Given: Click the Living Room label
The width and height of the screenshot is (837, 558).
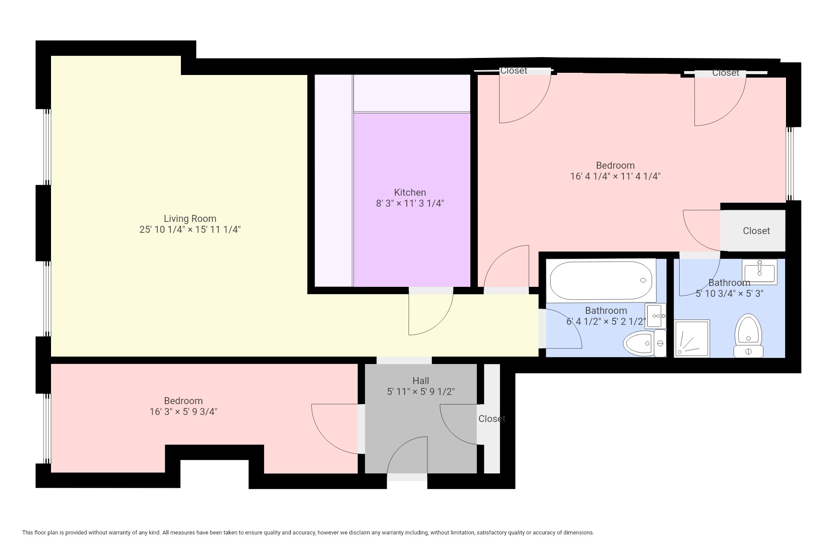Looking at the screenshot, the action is (190, 219).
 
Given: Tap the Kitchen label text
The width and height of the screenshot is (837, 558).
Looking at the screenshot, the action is (410, 193).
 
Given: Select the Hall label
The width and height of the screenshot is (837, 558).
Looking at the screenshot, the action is (421, 381).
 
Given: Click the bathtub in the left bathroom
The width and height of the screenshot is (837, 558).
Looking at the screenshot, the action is (601, 280).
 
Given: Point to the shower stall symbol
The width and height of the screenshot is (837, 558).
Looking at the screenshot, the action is (692, 339).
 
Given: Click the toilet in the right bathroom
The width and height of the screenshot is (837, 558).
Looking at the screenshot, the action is (748, 336).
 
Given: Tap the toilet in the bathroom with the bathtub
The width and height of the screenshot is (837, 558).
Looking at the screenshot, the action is (644, 343).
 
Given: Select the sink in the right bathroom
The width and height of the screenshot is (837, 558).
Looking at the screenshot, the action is (760, 272).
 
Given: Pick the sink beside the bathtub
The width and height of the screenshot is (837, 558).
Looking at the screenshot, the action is (656, 316).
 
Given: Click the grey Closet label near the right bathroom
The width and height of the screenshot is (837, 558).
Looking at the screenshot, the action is (756, 231).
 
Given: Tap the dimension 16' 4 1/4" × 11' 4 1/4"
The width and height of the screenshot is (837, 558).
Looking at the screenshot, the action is (615, 177).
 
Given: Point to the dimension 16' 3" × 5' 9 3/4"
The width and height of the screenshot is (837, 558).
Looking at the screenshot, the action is (183, 412).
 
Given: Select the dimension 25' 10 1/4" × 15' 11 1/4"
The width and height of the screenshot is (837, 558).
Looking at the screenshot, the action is (190, 230).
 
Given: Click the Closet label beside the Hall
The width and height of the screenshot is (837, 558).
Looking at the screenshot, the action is (492, 419).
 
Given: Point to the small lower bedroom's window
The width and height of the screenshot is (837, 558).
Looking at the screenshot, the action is (47, 429).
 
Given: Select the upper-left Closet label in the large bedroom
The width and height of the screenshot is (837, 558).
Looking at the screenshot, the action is (514, 71).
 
